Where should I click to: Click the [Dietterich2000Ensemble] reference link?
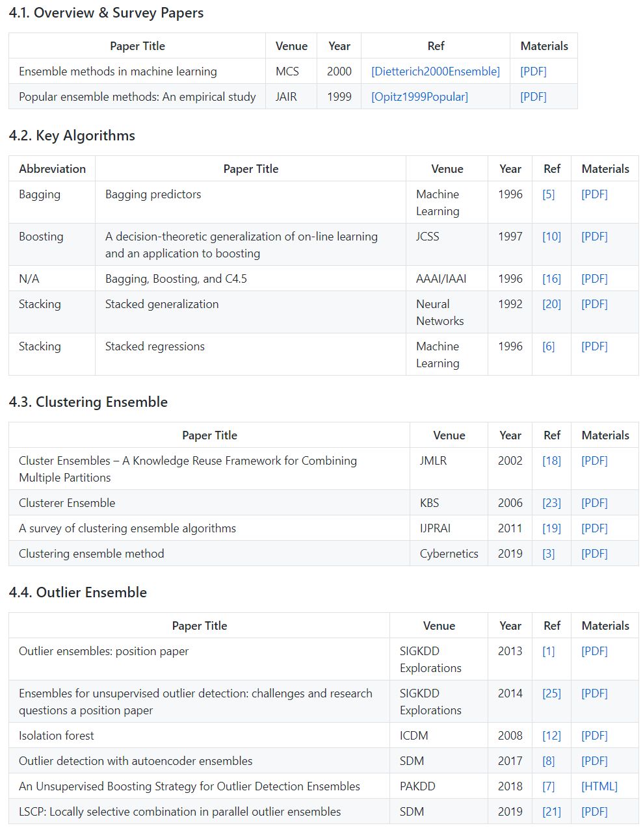[436, 71]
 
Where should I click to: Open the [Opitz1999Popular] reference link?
[419, 97]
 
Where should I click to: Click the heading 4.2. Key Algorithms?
[72, 135]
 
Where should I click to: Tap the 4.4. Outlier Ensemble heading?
[78, 592]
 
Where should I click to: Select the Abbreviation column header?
[52, 169]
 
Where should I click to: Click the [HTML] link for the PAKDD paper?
[599, 786]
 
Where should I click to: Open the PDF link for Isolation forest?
[594, 736]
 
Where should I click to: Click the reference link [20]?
[551, 304]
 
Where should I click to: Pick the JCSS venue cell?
[427, 237]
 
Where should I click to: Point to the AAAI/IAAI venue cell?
[441, 279]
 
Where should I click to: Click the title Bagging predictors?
[153, 194]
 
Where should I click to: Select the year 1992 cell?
[510, 304]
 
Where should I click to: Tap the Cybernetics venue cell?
[449, 554]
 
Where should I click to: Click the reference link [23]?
[551, 503]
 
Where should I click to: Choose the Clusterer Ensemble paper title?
[67, 503]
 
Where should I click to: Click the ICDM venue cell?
[414, 736]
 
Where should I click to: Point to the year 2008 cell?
[510, 736]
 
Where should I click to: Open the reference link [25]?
[551, 693]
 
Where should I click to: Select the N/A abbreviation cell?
[29, 279]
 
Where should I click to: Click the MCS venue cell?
[287, 71]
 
